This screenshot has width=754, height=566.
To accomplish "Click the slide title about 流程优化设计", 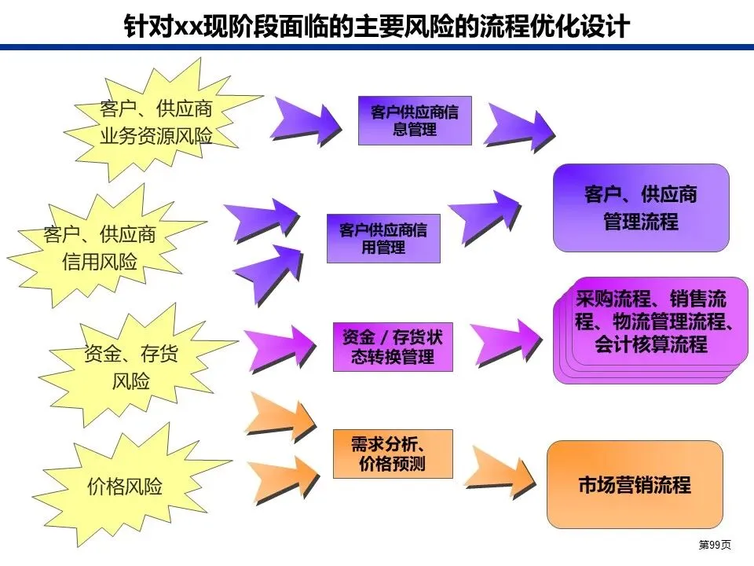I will coord(377,26).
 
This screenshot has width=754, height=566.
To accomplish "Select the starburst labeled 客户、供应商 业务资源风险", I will coord(156,123).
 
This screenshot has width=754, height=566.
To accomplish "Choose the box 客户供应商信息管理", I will coord(415,120).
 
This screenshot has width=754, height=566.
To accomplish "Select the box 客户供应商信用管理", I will coord(383,238).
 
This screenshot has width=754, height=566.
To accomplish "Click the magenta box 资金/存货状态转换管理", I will coord(393,347).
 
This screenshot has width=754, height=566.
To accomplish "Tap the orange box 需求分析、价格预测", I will coord(393,454).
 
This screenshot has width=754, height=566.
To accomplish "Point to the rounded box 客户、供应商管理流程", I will coord(641,208).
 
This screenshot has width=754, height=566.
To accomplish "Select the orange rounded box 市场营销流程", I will coord(634,483).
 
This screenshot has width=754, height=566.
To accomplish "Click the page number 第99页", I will coord(715,545).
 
